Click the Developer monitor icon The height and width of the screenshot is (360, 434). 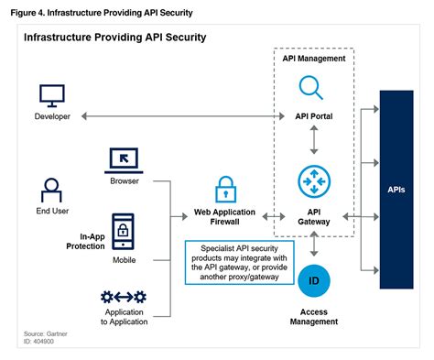click(51, 94)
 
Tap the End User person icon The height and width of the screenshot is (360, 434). click(51, 190)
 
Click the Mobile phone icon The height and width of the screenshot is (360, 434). click(124, 229)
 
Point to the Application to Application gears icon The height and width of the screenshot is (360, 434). click(124, 297)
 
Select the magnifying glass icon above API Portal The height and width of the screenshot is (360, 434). click(313, 89)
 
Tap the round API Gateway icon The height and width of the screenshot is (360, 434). click(314, 183)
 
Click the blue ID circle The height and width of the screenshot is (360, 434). click(314, 278)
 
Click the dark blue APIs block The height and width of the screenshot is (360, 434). click(396, 190)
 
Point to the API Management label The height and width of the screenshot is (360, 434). click(314, 58)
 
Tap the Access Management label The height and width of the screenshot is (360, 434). click(314, 316)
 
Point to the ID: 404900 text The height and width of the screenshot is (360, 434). click(41, 344)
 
